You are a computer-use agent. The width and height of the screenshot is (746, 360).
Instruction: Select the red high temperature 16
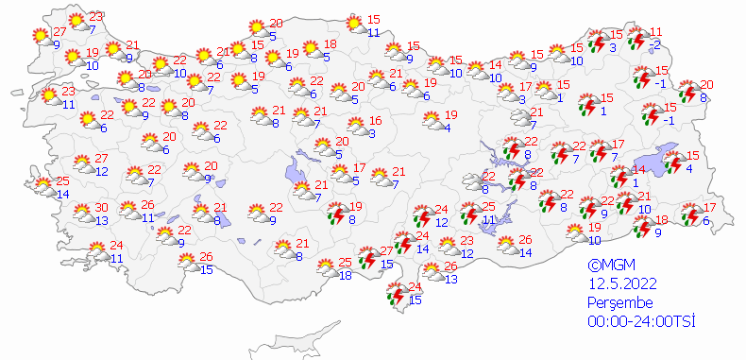(375, 120)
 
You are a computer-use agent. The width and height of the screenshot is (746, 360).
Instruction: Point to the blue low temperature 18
(346, 275)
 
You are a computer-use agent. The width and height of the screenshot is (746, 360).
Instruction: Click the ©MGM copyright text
(606, 266)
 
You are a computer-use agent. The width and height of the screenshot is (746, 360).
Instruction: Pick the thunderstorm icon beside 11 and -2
(637, 39)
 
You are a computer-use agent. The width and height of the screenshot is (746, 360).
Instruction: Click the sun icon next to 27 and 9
(40, 36)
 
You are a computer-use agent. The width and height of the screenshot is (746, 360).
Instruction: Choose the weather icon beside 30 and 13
(82, 215)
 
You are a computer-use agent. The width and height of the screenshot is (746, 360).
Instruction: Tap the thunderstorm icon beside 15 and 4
(675, 163)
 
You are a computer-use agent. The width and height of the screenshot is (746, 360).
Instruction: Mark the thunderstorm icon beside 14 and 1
(619, 176)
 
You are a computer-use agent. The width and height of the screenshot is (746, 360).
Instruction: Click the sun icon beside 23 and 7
(78, 21)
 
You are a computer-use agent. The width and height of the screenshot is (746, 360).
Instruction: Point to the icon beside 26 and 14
(506, 246)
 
